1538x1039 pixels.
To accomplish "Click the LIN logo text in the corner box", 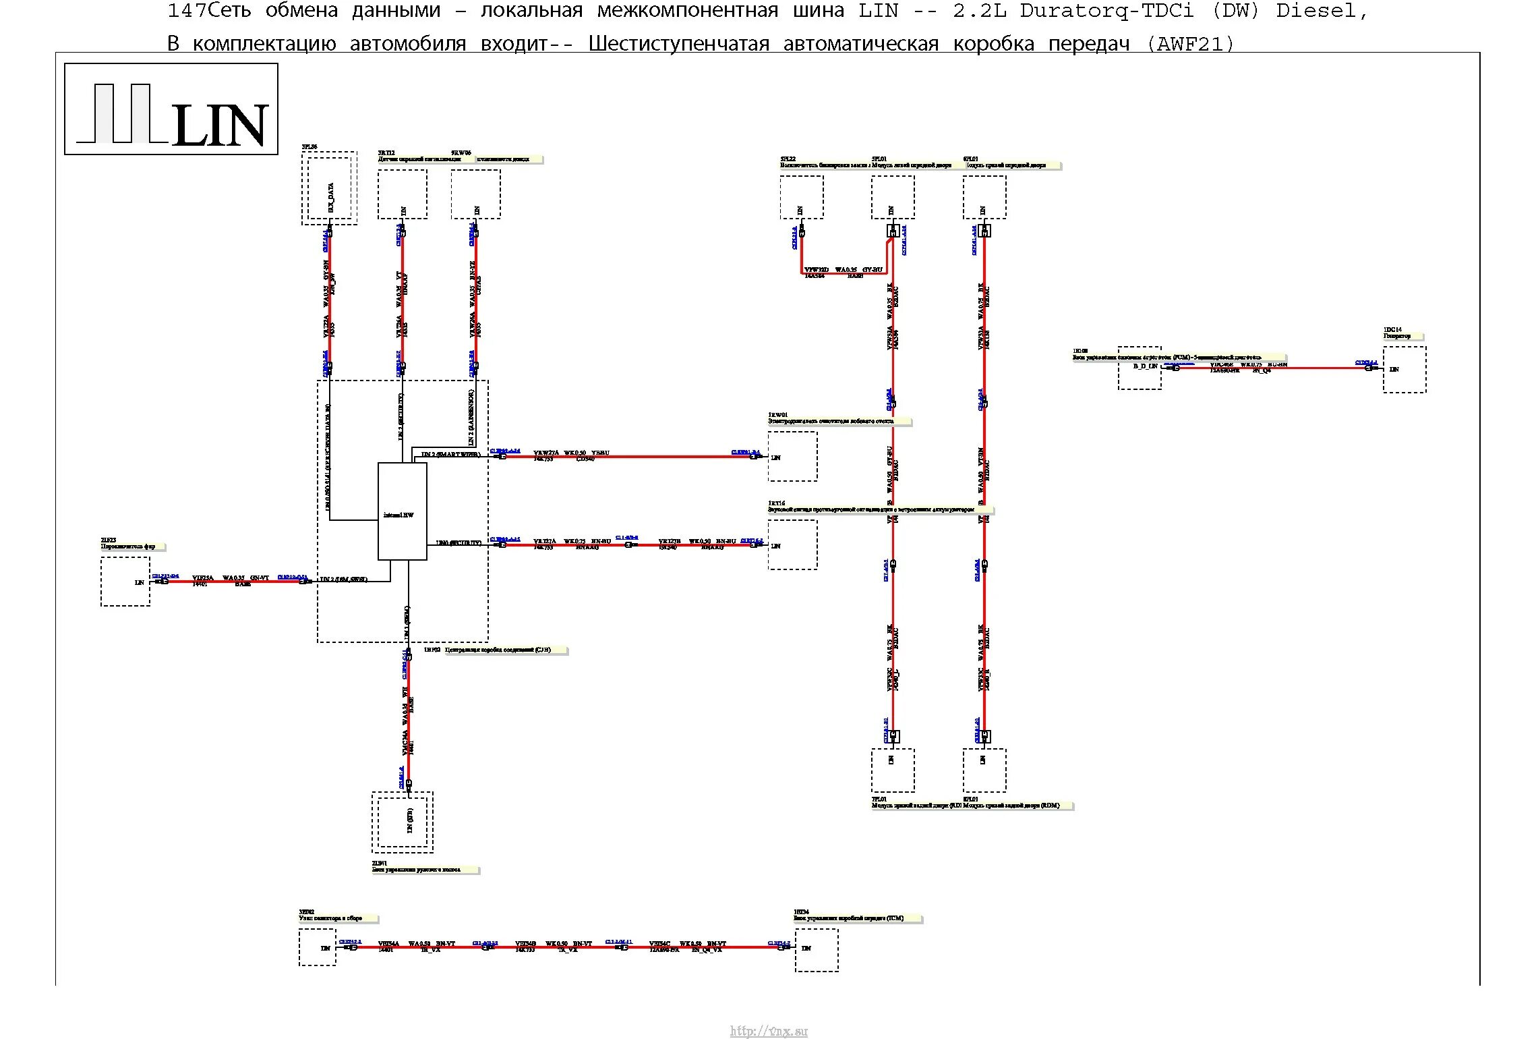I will coord(220,126).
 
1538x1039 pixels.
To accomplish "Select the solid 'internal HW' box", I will coord(402,511).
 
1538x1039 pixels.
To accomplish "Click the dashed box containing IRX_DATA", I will coord(329,188).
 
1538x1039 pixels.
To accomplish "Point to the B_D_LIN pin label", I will coord(1145,366).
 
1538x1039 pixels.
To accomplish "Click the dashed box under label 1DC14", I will coord(1404,369).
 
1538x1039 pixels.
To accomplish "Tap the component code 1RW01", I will coord(777,415).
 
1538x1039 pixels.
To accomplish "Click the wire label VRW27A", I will coord(545,453).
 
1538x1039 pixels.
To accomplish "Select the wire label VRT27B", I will coord(670,541).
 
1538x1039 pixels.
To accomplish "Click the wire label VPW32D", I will coord(816,270).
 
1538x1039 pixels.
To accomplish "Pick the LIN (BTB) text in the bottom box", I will coord(409,820).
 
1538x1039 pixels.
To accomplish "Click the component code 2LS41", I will coord(380,863).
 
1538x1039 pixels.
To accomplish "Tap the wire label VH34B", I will coord(525,943).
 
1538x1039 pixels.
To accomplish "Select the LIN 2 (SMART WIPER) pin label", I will coord(450,455).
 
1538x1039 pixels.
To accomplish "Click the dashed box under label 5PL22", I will coord(801,197).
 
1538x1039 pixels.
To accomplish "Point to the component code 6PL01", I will coord(970,159).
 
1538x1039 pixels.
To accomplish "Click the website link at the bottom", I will coord(768,1030).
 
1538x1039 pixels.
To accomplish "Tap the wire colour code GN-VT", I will coord(259,578).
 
